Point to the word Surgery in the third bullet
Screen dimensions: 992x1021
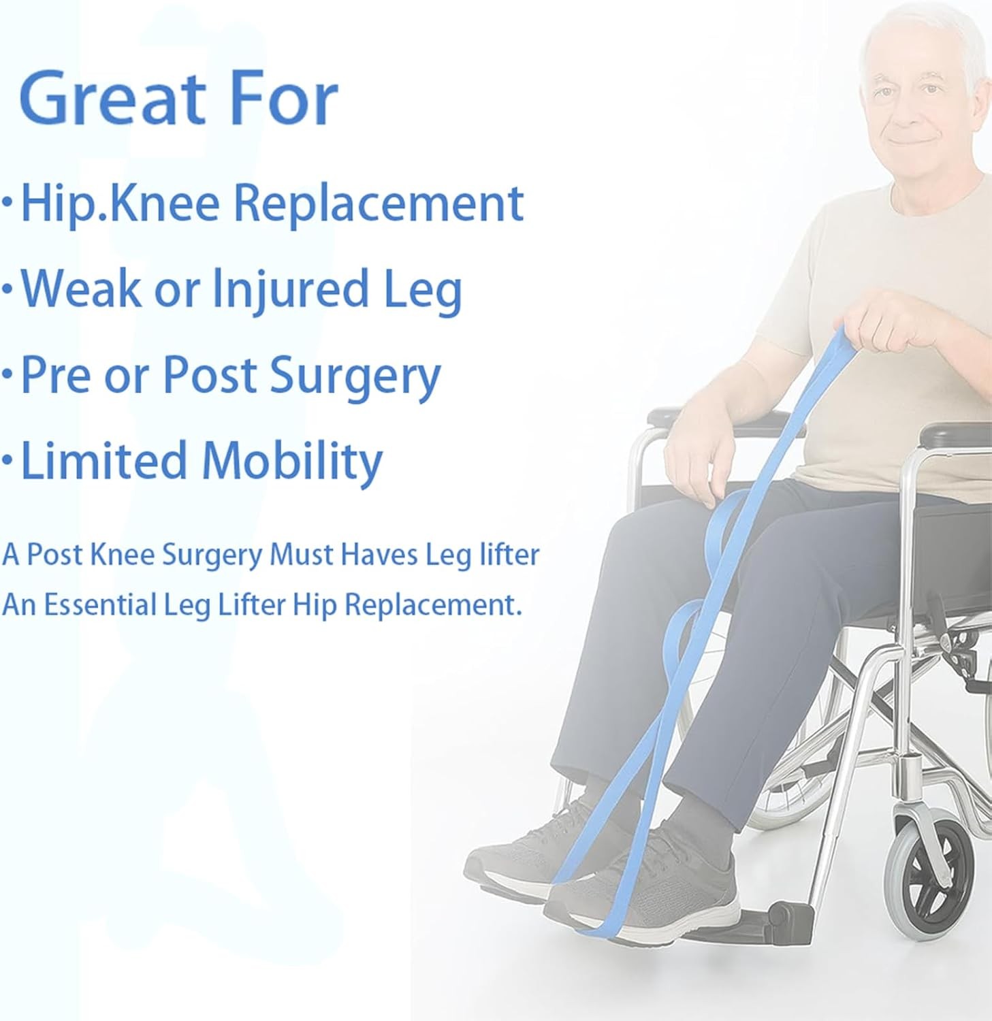click(355, 376)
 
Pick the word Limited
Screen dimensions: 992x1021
click(104, 461)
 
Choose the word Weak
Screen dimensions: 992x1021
click(81, 289)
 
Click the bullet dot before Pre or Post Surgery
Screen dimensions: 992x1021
click(7, 376)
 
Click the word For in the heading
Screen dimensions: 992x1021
click(285, 99)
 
